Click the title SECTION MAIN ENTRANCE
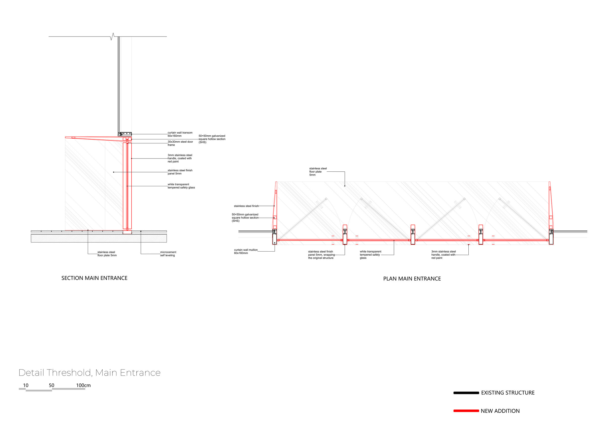coord(94,278)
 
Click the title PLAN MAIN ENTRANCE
coord(412,279)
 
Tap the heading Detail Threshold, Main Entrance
coord(89,373)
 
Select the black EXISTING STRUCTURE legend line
coord(466,393)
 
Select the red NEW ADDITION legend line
coord(466,411)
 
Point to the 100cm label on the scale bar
coord(83,385)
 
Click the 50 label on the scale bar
coord(52,385)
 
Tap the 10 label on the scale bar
coord(25,385)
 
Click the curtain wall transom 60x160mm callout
coord(180,134)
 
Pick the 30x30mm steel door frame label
coord(180,143)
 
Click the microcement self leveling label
coord(168,254)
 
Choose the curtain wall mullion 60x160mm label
coord(246,251)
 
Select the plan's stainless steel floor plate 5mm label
coord(318,172)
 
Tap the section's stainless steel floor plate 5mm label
coord(107,254)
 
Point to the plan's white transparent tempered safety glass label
coord(371,255)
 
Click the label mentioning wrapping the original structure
coord(321,255)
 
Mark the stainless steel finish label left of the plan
coord(246,206)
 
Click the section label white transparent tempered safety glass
coord(181,186)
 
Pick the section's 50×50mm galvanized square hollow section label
coord(212,139)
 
